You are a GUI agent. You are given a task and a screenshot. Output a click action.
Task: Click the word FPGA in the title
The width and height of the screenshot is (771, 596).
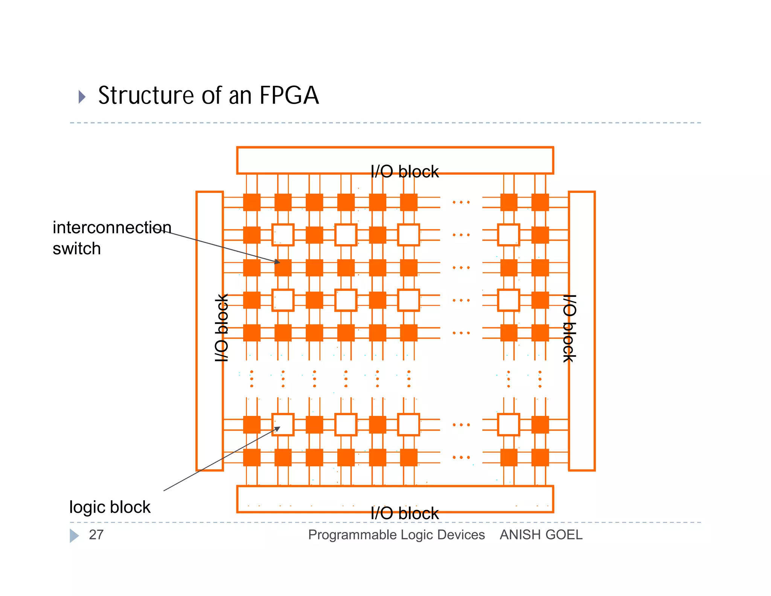coord(289,95)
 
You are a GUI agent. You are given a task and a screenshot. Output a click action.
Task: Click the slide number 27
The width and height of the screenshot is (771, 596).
coord(96,535)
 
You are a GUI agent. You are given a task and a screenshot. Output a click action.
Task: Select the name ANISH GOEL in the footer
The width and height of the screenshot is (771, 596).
coord(541,535)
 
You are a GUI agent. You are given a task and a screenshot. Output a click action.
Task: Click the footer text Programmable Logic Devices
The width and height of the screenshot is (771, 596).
coord(396,535)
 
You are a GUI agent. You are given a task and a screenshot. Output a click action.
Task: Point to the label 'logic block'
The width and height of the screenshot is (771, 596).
coord(110,507)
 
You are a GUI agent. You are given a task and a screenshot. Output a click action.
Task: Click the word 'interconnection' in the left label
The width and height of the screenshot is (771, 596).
coord(112,228)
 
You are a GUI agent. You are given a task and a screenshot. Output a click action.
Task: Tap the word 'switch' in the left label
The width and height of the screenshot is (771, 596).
coord(77,249)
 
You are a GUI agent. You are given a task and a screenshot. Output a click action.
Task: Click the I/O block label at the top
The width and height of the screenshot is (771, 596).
coord(404,172)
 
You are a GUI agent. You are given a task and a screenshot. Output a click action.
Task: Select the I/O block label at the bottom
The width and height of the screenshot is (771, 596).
coord(404,513)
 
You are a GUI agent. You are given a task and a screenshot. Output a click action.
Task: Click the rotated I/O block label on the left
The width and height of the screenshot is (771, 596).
coord(222,328)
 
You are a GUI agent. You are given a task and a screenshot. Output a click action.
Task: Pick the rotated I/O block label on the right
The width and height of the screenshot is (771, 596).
coord(569,328)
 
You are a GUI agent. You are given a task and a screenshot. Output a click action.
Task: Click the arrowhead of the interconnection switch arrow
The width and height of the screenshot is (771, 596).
coord(278,261)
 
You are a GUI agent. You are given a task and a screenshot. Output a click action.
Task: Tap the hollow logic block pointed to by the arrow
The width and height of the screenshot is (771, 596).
coord(283,425)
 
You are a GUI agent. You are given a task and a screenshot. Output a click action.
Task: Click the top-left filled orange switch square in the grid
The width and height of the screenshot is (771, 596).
coord(251,202)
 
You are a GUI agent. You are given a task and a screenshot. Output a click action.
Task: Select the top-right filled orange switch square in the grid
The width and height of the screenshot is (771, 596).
coord(540,202)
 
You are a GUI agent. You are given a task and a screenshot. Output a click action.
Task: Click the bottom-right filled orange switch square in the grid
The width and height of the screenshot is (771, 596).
coord(540,457)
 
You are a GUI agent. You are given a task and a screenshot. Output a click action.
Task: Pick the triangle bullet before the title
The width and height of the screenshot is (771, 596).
coord(82,97)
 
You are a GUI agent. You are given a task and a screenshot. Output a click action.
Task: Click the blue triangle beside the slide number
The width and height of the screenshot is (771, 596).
coord(74,535)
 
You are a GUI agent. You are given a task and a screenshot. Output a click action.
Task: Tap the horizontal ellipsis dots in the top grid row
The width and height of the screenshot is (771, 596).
coord(461,202)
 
